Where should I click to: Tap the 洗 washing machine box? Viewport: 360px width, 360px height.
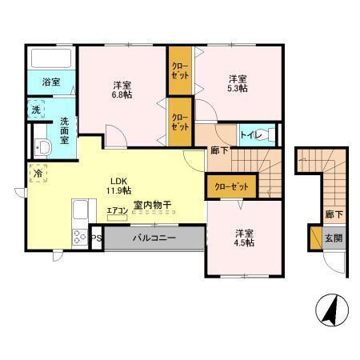37,109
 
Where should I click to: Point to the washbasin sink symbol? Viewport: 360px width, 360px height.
42,146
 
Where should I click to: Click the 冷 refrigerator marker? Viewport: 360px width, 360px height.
38,171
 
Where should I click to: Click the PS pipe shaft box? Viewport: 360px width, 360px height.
95,238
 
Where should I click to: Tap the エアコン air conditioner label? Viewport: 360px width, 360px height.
118,211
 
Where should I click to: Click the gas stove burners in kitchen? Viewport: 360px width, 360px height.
81,236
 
